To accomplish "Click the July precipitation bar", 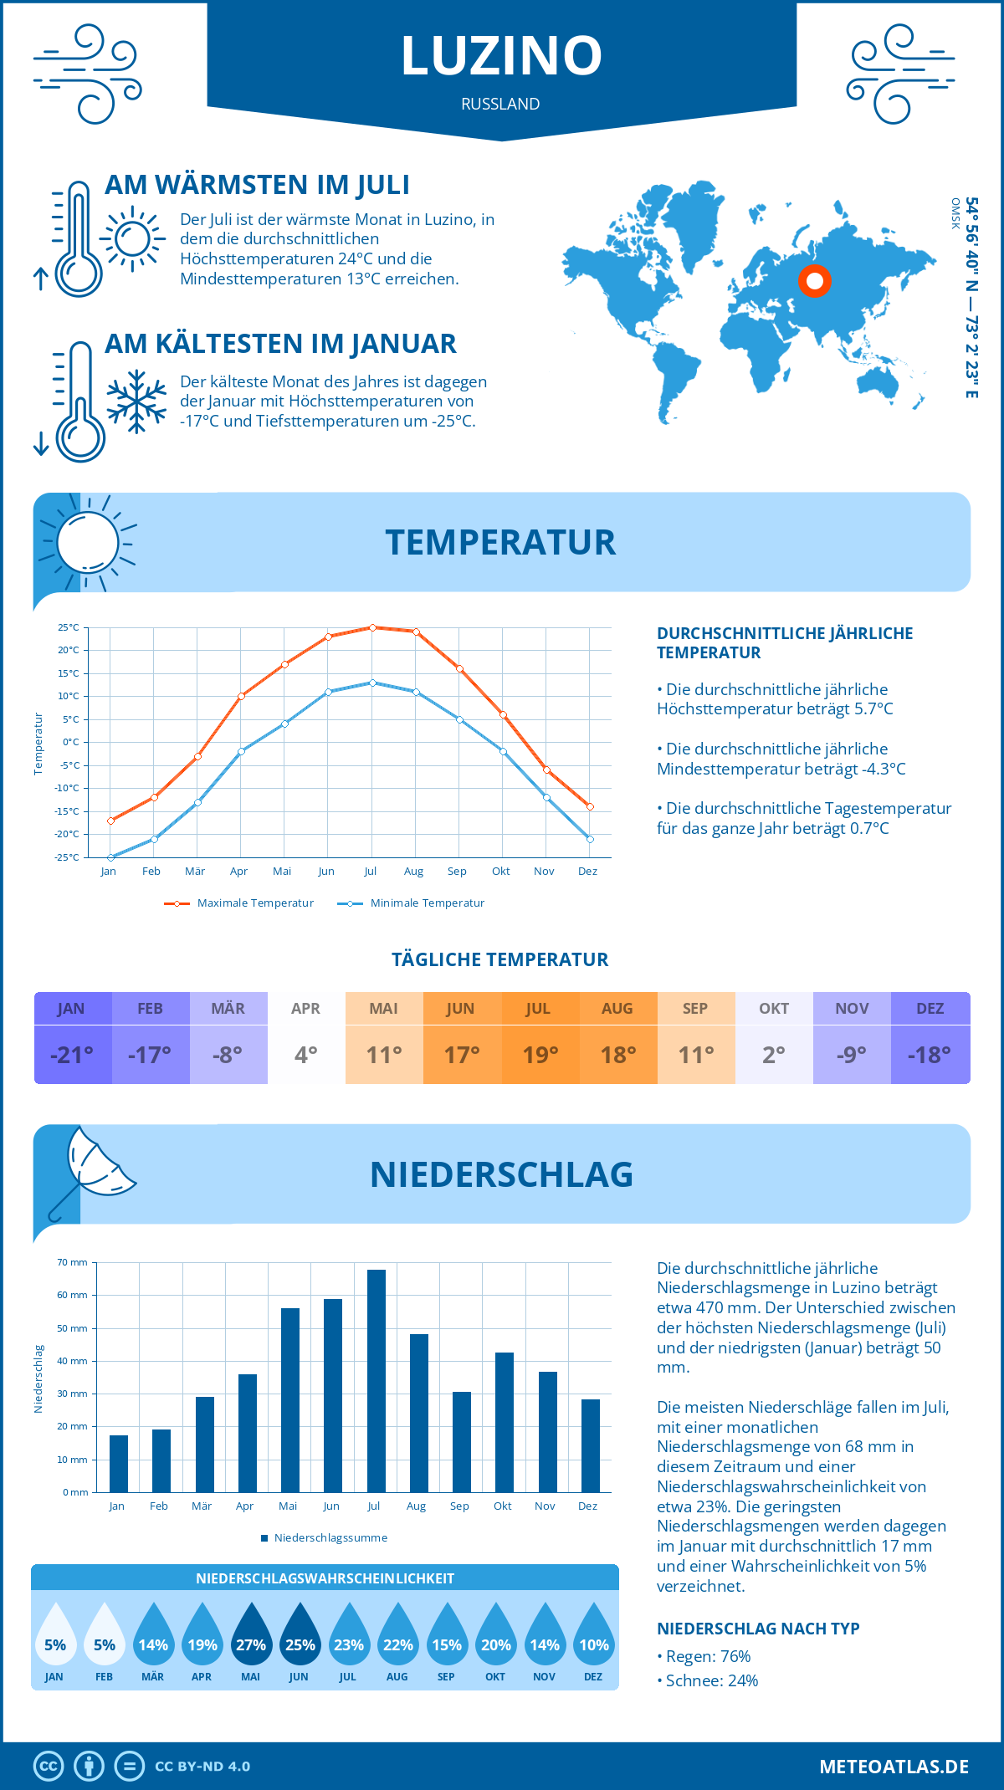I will click(x=376, y=1380).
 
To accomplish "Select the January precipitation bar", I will click(x=119, y=1463).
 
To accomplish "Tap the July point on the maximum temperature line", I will click(x=372, y=627).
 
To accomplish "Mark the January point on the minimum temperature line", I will click(x=110, y=857).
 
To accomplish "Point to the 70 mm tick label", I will click(x=72, y=1262).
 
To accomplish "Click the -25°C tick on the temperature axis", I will click(x=68, y=857).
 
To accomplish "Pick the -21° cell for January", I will click(x=72, y=1055).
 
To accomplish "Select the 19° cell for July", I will click(x=540, y=1055).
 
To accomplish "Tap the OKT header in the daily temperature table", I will click(x=774, y=1009).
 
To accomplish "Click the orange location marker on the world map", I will click(x=814, y=281).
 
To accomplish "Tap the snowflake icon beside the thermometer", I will click(x=136, y=401).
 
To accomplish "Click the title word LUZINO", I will click(x=501, y=56).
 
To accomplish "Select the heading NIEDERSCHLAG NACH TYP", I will click(x=758, y=1629).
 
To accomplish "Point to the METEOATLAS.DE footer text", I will click(x=894, y=1767).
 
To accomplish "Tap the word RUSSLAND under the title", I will click(x=500, y=104).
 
